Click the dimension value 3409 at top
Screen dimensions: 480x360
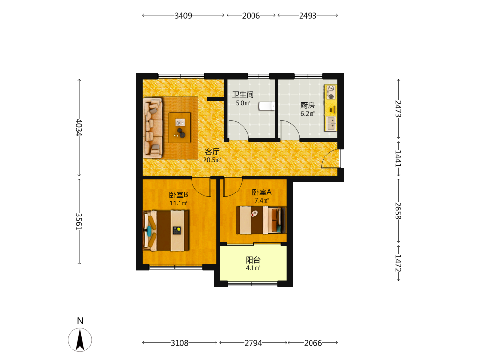coord(183,16)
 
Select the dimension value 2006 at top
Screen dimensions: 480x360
coord(251,16)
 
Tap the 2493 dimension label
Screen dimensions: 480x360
coord(308,16)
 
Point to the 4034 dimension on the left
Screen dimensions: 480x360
coord(79,128)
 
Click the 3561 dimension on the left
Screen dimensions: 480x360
coord(79,221)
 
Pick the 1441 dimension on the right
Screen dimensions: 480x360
coord(398,158)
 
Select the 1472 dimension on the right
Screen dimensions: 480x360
coord(398,263)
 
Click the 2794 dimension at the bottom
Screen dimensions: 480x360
coord(253,343)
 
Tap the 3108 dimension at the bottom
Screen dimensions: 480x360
coord(180,343)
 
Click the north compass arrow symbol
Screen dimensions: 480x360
coord(80,339)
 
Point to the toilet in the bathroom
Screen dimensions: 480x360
coord(266,106)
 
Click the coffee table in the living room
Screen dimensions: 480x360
coord(180,127)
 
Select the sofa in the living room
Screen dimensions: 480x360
coord(153,128)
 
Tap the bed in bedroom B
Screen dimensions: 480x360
coord(166,230)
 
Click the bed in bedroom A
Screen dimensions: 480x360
coord(261,220)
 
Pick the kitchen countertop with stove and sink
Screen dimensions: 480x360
coord(331,108)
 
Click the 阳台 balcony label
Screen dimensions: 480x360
coord(253,260)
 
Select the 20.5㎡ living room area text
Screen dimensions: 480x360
coord(212,160)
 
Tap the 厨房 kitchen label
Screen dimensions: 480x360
coord(308,106)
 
